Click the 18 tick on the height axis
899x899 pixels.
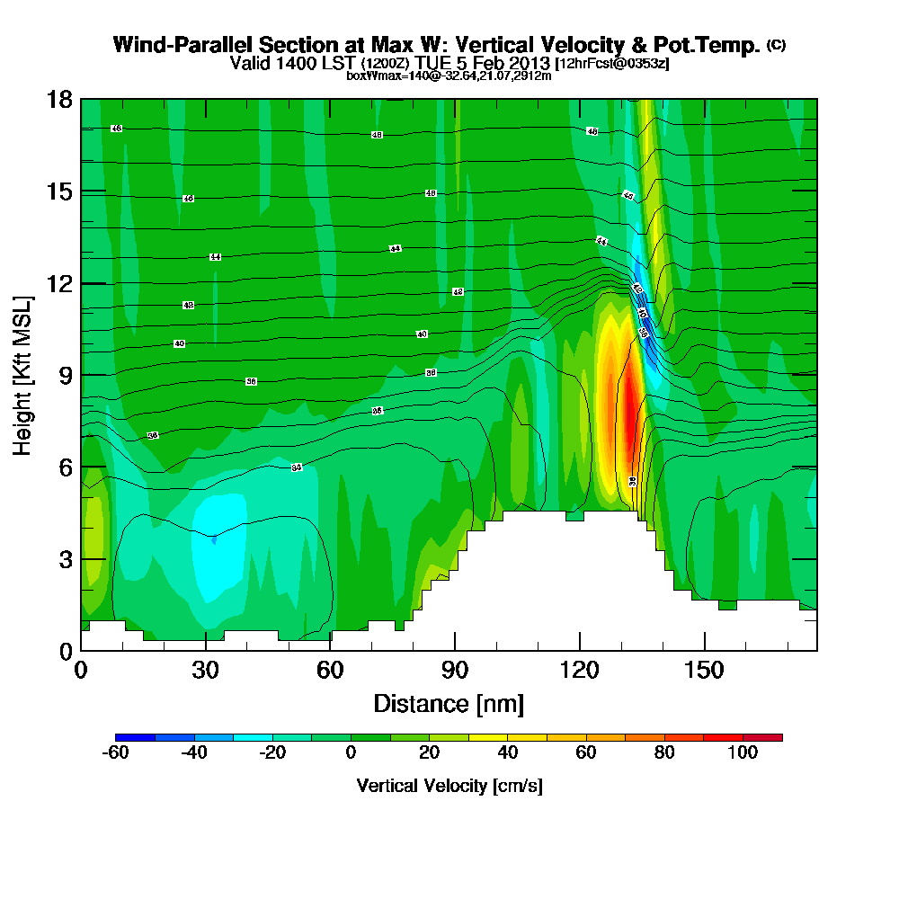pos(62,100)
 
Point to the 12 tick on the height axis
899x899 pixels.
pos(62,283)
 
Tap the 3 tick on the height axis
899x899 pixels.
pos(66,559)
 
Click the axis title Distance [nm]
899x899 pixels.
pos(449,703)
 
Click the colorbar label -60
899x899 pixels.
pos(116,753)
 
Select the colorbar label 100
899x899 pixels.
pos(743,753)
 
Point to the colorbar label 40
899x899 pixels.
pos(509,753)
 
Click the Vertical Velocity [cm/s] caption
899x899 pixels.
pos(449,786)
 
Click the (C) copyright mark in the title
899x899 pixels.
pos(777,45)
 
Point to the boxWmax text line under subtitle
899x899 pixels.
pos(449,76)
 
